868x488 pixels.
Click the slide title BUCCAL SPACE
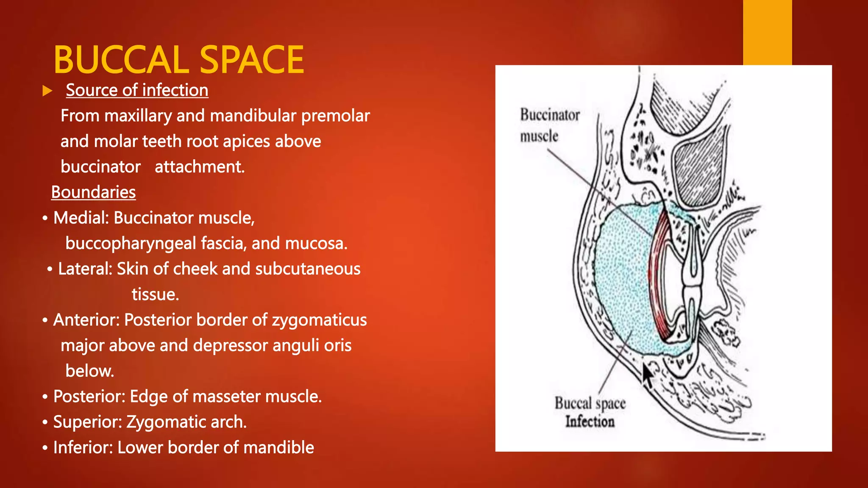point(178,60)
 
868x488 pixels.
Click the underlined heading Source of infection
point(137,90)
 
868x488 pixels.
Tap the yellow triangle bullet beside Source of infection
point(47,91)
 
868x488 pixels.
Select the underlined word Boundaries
point(93,192)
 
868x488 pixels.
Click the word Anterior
point(86,320)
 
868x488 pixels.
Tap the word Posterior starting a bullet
point(89,396)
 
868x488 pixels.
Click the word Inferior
point(83,448)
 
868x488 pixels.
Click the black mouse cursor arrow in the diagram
point(647,375)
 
